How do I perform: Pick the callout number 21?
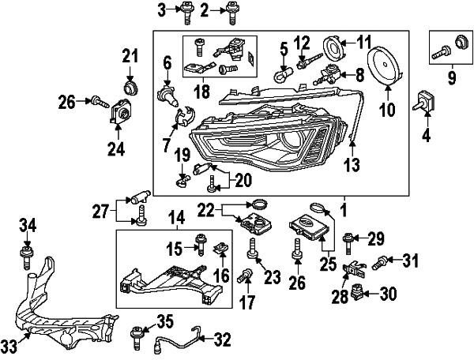[x=130, y=55]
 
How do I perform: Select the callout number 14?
[x=175, y=216]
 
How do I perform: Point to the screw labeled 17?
[x=246, y=275]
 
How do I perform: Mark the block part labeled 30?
[x=360, y=294]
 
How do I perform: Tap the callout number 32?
[x=222, y=340]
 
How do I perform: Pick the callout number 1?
[x=344, y=211]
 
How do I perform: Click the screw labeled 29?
[x=348, y=239]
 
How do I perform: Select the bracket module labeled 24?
[x=122, y=113]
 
